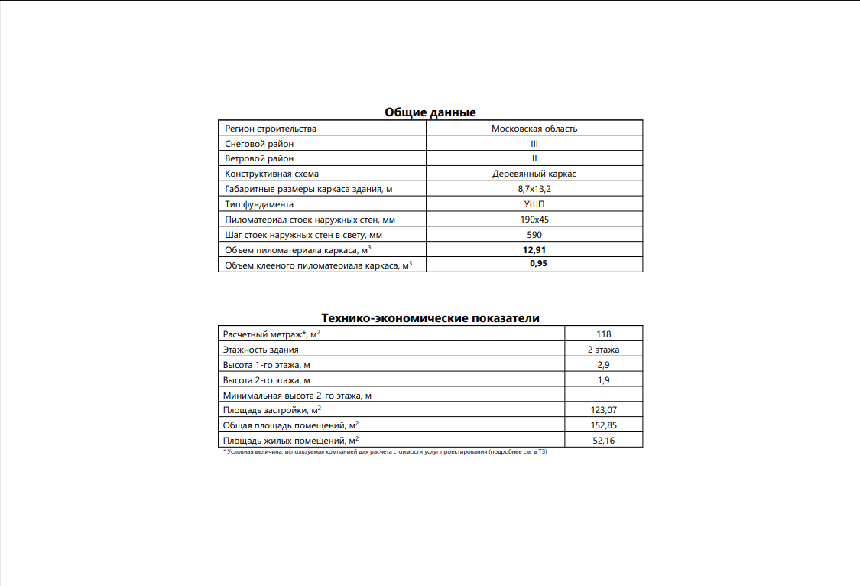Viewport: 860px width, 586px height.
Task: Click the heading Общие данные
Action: tap(430, 112)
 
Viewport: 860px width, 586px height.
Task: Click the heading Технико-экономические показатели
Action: tap(430, 317)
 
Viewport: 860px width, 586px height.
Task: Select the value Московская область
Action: tap(534, 129)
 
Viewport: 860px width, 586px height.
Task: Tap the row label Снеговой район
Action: tap(259, 144)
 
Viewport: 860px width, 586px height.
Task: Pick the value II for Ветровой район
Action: tap(534, 158)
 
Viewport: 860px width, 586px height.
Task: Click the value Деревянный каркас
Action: tap(534, 174)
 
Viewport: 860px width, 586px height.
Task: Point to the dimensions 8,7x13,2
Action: tap(534, 189)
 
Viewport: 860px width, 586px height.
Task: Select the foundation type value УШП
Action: tap(534, 204)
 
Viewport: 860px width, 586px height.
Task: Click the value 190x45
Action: tap(534, 220)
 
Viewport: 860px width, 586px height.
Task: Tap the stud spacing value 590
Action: tap(534, 235)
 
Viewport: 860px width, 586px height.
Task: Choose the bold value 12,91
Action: tap(534, 249)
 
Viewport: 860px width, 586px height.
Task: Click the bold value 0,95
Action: tap(538, 264)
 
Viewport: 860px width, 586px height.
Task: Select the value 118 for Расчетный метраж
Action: tap(604, 334)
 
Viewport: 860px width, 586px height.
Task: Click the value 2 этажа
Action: tap(604, 350)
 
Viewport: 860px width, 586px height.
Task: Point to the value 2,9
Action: tap(604, 365)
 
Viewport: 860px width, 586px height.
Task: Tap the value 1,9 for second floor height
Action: tap(604, 380)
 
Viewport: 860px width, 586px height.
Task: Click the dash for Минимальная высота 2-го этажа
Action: tap(604, 396)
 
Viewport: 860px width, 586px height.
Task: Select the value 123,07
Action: tap(604, 411)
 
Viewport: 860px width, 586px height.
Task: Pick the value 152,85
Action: tap(604, 425)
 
